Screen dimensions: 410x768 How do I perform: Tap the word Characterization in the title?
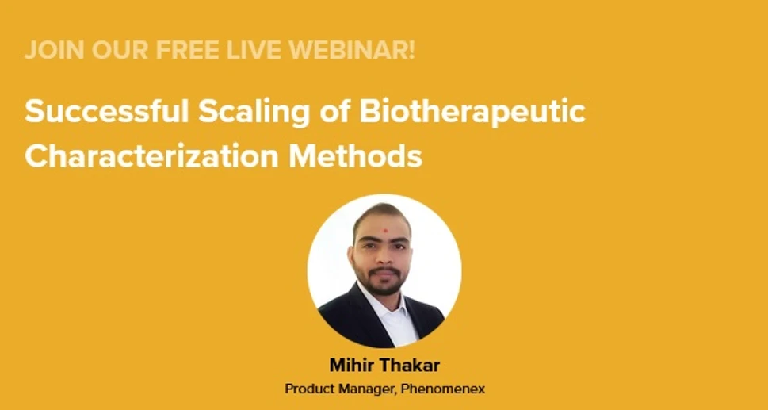pos(151,155)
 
